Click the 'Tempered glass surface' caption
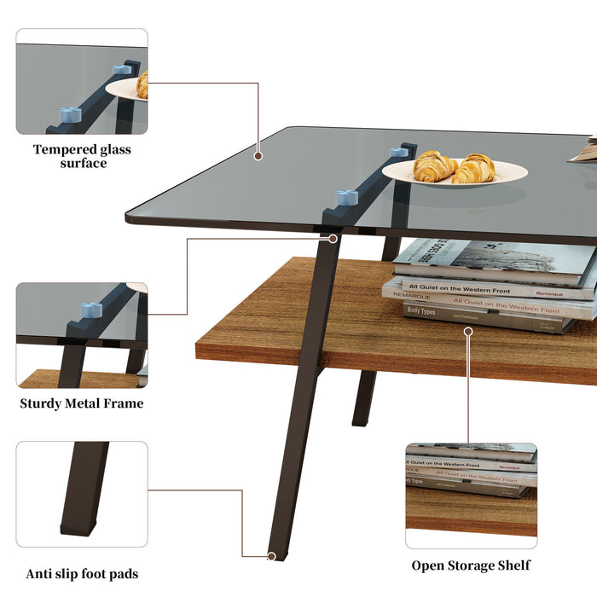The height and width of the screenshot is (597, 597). click(x=82, y=156)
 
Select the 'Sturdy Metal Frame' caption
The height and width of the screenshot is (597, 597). click(x=82, y=403)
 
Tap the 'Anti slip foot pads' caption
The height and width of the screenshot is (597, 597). click(x=82, y=574)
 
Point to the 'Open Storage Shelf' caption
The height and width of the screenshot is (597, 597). click(x=471, y=565)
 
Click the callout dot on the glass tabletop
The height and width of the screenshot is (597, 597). click(x=258, y=156)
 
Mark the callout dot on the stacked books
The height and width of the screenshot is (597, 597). click(x=467, y=331)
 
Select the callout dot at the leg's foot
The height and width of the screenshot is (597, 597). click(x=272, y=556)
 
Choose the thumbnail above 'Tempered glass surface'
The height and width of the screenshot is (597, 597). click(x=82, y=82)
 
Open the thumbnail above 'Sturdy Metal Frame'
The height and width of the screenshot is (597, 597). click(x=82, y=335)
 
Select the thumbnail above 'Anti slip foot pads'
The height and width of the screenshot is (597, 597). click(x=82, y=494)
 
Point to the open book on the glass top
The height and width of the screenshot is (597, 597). click(x=584, y=149)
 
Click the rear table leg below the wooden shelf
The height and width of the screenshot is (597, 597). click(x=364, y=399)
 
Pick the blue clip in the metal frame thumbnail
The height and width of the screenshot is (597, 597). click(x=91, y=310)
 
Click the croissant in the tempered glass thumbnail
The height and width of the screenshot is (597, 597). click(x=142, y=84)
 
